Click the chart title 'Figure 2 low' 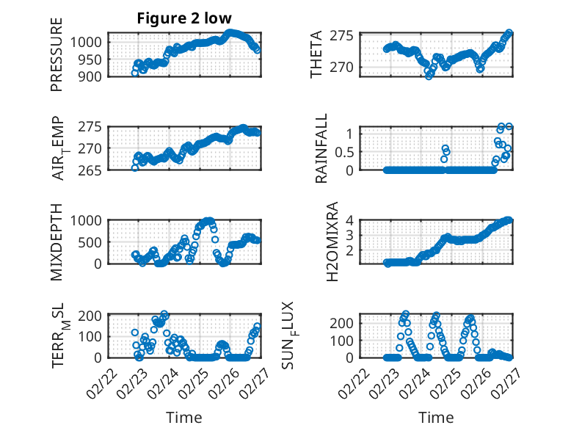[x=184, y=18]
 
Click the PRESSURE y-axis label [x=57, y=54]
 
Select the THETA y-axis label [x=316, y=54]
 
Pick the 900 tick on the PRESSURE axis [x=92, y=75]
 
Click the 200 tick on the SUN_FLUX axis [x=345, y=322]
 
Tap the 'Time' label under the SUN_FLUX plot [x=436, y=417]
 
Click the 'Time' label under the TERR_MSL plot [x=184, y=417]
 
